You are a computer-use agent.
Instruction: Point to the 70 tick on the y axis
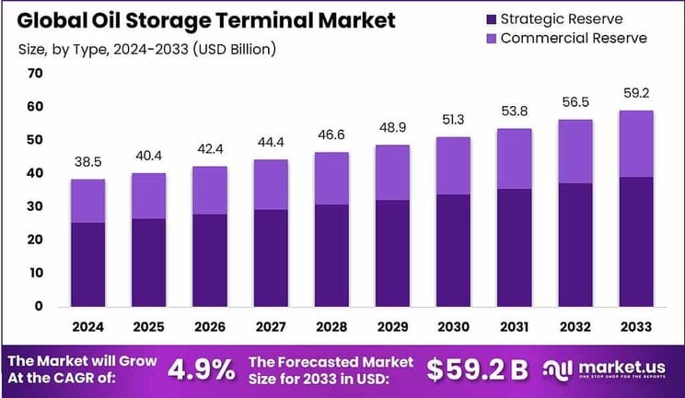(x=36, y=74)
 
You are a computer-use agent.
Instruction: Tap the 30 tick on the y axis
(x=36, y=206)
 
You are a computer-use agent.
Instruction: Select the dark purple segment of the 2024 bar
(x=88, y=263)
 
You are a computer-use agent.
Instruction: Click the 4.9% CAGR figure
(x=201, y=369)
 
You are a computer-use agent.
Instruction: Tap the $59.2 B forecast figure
(x=478, y=369)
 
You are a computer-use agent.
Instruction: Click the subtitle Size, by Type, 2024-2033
(x=146, y=47)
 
